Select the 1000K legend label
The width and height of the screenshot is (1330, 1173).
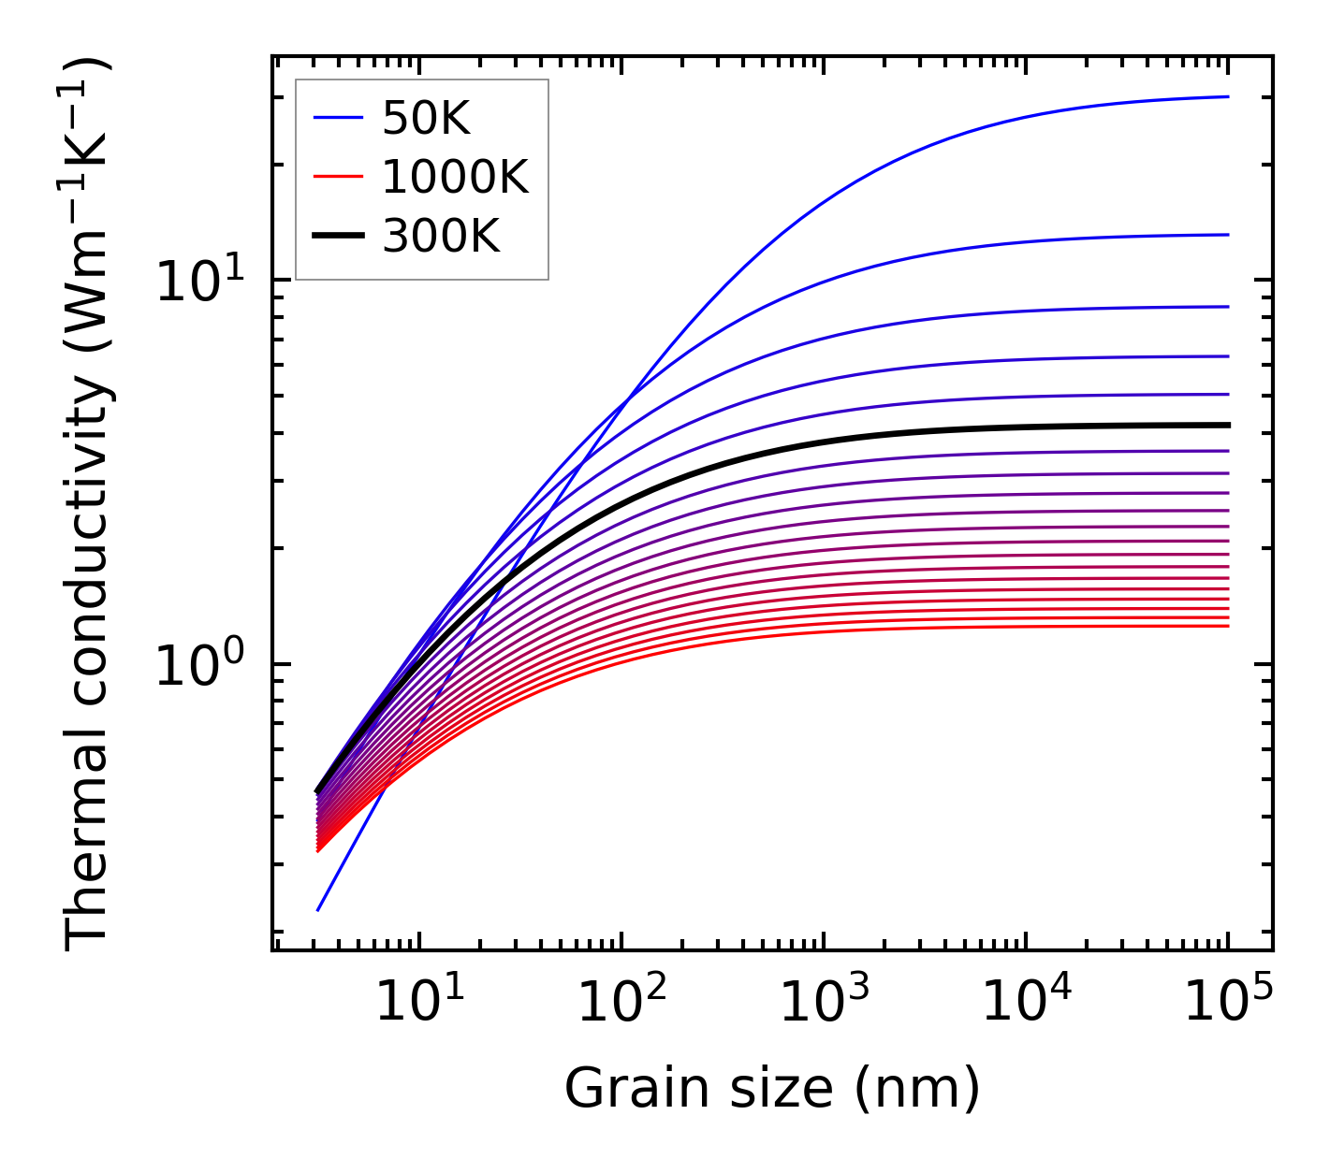tap(455, 177)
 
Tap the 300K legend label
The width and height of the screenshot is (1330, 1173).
tap(441, 237)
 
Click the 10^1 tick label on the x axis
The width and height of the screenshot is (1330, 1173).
tap(419, 1004)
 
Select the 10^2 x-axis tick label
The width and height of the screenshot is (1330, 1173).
tap(621, 1004)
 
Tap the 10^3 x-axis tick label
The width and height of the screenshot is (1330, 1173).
tap(824, 1004)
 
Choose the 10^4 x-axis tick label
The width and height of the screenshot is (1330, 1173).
tap(1026, 1004)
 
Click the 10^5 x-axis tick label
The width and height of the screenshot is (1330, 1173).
tap(1228, 1004)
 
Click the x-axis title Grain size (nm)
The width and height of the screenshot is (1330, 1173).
tap(772, 1089)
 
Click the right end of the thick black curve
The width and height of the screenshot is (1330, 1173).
tap(1227, 425)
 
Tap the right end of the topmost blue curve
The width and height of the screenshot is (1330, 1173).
tap(1227, 96)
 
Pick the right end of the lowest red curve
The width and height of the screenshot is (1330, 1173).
tap(1227, 626)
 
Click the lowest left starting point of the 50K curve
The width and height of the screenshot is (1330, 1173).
tap(318, 909)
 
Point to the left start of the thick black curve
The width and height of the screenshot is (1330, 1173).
tap(317, 791)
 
